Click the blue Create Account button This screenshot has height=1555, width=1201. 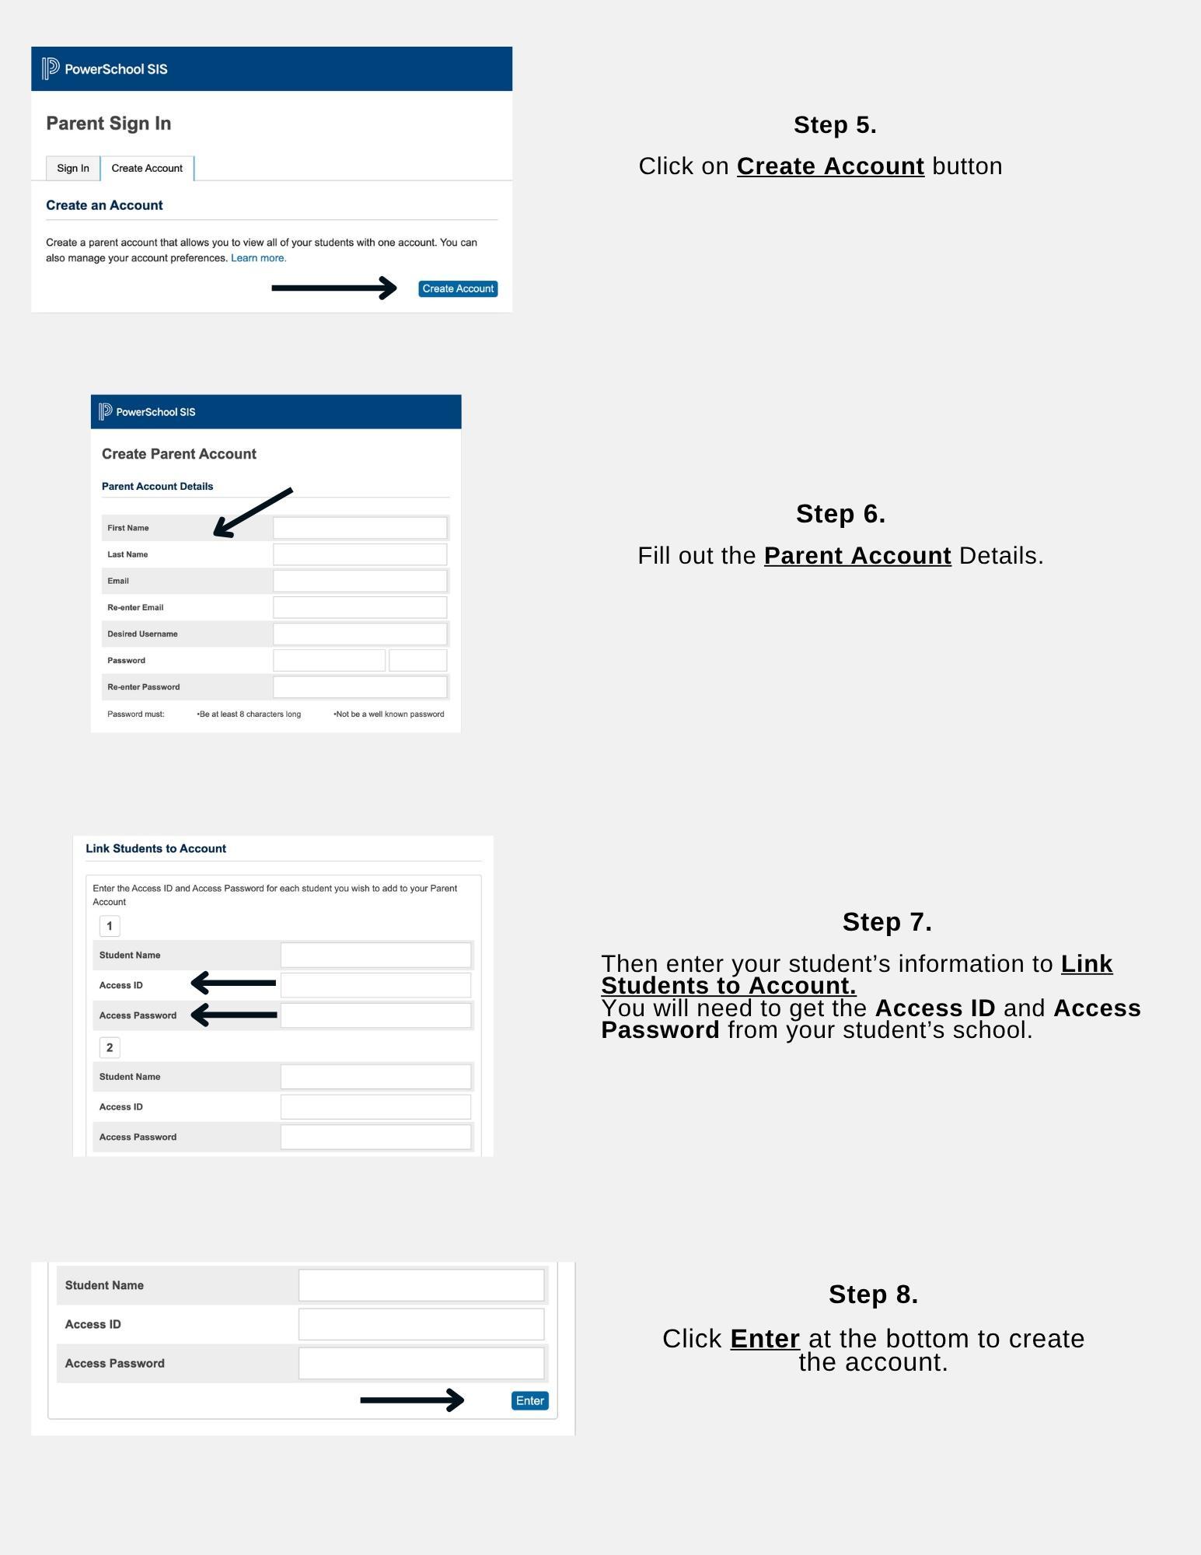point(458,288)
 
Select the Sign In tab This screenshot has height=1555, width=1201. point(73,168)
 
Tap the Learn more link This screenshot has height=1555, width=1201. point(258,258)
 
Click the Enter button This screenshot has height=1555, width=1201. point(530,1400)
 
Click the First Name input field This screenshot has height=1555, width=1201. point(360,528)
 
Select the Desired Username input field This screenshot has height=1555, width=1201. point(360,634)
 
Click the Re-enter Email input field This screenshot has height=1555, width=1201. point(360,607)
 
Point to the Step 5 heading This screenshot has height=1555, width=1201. point(835,125)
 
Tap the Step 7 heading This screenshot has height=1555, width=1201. point(887,922)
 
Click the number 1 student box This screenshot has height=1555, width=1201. point(110,926)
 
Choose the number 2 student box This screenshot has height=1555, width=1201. point(110,1047)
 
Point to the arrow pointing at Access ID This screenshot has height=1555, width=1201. point(233,984)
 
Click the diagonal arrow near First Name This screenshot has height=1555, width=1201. point(252,513)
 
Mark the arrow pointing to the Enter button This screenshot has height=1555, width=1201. point(412,1400)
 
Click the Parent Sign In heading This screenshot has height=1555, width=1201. point(109,124)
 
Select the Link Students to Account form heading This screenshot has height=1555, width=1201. point(155,848)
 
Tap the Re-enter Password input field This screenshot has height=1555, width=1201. point(360,687)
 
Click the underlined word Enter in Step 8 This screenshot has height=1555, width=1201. point(765,1339)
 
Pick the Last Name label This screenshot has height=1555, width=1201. point(127,554)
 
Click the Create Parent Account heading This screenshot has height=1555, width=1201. point(179,454)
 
